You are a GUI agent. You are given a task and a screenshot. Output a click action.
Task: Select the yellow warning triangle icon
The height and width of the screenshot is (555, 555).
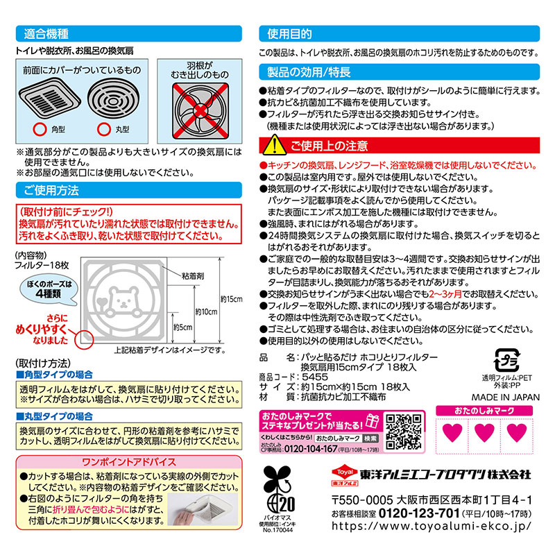point(273,145)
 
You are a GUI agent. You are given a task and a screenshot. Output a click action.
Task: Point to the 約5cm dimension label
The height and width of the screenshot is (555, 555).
point(183,327)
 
